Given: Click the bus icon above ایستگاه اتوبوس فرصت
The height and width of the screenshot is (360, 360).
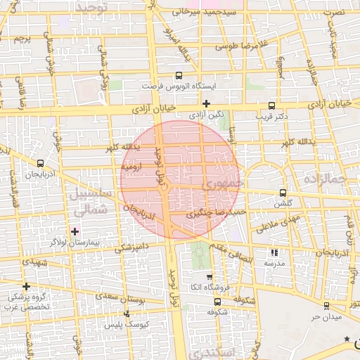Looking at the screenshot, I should tap(178, 75).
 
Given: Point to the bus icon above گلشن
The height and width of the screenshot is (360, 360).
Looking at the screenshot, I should tap(283, 193).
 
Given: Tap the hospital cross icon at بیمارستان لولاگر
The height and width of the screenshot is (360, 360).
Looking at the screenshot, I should tap(75, 231).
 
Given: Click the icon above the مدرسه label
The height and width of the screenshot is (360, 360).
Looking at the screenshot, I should tap(274, 252).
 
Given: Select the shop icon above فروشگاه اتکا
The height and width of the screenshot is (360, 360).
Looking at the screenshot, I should tap(210, 277).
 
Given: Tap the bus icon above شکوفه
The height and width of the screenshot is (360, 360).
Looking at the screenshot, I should tap(217, 302).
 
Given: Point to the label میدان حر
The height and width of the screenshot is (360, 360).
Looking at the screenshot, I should tap(326, 316).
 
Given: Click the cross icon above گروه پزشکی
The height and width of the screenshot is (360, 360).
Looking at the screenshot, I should tap(26, 286).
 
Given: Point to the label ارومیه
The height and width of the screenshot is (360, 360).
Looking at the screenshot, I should tap(132, 167).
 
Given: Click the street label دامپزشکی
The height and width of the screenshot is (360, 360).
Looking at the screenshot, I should tap(132, 247).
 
